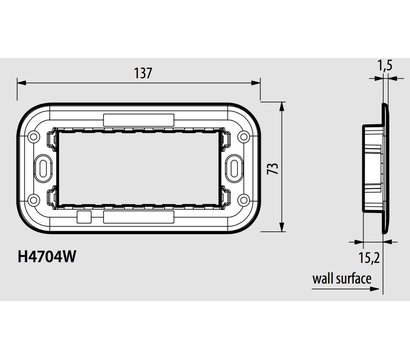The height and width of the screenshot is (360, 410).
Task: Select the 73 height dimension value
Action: (x=295, y=163)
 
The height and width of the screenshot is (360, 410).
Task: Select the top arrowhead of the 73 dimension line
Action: (x=282, y=104)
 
